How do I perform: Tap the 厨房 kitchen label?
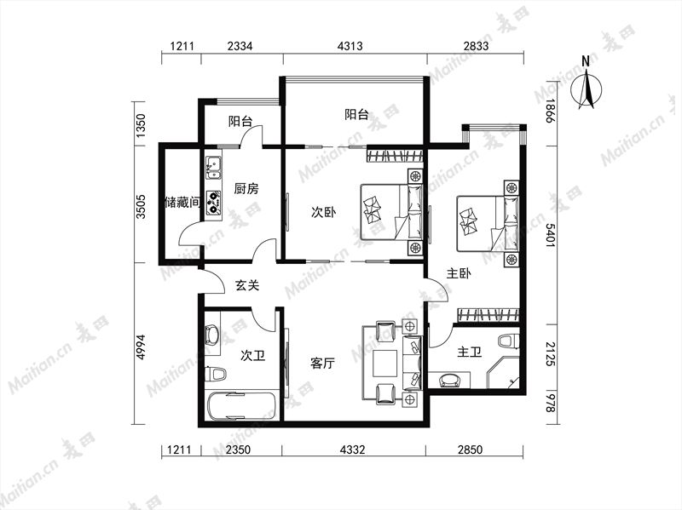coord(246,188)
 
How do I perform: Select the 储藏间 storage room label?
coord(182,202)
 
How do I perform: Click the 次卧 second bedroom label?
coord(324,212)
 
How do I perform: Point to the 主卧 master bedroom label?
coord(459,273)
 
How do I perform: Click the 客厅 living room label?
coord(323,364)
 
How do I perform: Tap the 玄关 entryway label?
coord(247,285)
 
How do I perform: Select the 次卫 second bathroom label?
coord(252,356)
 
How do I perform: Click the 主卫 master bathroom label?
coord(470,352)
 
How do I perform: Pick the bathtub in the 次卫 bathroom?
coord(241,406)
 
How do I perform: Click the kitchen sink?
coord(213,168)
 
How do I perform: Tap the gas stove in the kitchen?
coord(213,203)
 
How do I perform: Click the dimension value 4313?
coord(350,46)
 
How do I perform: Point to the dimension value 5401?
coord(550,235)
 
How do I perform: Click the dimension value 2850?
coord(470,450)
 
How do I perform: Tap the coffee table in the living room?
coord(385,364)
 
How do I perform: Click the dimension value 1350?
coord(140,126)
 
